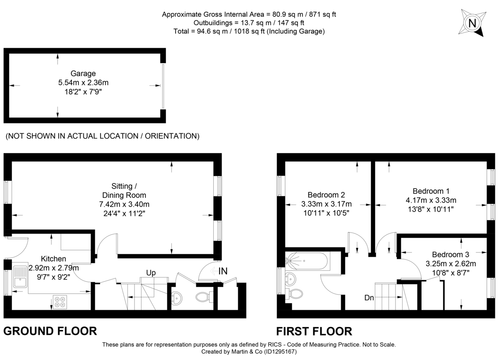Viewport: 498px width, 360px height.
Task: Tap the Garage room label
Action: pyautogui.click(x=83, y=74)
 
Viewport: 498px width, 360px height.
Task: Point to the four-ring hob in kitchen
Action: pyautogui.click(x=59, y=301)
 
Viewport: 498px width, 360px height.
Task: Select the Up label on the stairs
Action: pyautogui.click(x=150, y=273)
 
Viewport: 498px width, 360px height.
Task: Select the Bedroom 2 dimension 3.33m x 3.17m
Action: pyautogui.click(x=326, y=204)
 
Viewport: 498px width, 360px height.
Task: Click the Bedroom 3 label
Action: pyautogui.click(x=451, y=255)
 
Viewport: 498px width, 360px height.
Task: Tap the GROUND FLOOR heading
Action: pyautogui.click(x=50, y=331)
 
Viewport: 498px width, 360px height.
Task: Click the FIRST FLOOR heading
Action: pyautogui.click(x=314, y=331)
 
